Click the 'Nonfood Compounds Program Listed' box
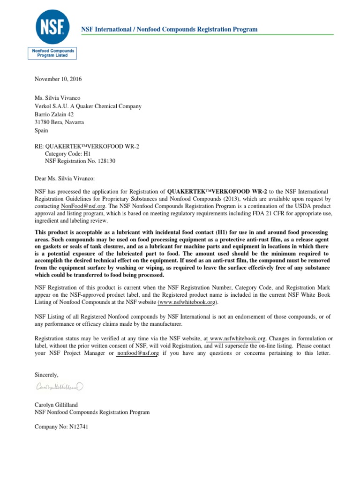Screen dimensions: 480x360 (52, 52)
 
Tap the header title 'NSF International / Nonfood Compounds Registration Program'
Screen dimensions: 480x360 (169, 29)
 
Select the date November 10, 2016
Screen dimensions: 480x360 (58, 79)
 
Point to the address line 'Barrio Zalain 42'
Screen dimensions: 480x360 (54, 114)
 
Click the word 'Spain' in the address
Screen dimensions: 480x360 (42, 131)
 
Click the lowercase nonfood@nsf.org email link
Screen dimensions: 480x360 (138, 353)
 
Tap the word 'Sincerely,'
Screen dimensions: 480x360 (47, 374)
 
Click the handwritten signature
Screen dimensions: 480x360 (60, 387)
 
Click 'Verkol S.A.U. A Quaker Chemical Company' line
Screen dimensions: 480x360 (88, 106)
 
